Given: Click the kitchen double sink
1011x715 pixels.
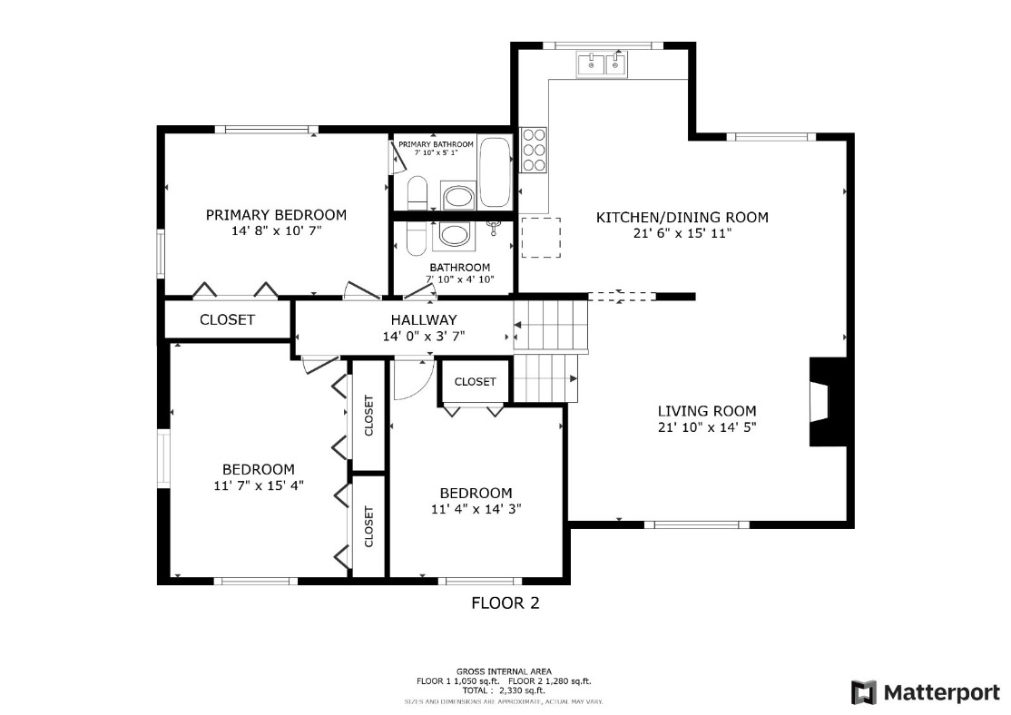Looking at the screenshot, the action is pos(602,65).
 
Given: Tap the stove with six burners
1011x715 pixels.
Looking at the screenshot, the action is pos(534,150).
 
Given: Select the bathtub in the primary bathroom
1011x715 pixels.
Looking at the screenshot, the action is pos(496,172).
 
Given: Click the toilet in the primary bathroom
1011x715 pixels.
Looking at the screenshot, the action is pos(417,192).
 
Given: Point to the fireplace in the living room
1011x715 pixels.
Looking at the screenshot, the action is pos(828,401).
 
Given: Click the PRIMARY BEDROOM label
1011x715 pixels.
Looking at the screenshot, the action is pos(276,215).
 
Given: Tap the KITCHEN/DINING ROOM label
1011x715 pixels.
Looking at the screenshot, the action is pos(682,217).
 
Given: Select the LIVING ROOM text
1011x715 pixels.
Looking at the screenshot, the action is pos(707,411).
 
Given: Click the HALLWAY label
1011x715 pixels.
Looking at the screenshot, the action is pos(424,319).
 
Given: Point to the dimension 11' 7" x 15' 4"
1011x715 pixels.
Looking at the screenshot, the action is pos(259,485).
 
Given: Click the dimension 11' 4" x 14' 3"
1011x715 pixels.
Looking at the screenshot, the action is pos(476,509).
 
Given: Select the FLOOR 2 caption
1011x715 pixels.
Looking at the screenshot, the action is pos(505,602).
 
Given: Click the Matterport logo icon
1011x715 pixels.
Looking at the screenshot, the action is pos(864,692).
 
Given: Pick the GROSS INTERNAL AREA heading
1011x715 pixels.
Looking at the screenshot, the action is pos(504,671).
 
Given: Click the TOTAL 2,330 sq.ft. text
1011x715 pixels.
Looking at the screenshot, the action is pos(504,691).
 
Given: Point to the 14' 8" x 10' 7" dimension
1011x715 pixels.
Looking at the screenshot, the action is pos(276,230).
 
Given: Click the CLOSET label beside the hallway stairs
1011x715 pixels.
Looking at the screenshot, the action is pos(476,382).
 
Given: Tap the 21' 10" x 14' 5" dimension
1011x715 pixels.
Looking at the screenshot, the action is pos(707,426).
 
